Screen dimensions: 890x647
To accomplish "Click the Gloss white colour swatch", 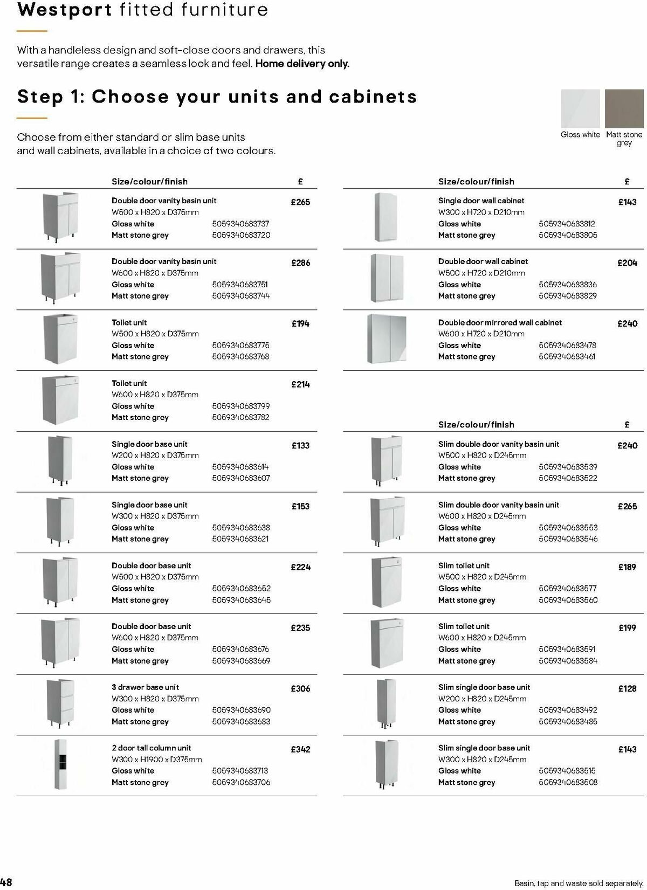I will click(580, 108).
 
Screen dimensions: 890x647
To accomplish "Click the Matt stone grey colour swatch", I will click(624, 108).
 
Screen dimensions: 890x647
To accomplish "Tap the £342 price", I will click(300, 749).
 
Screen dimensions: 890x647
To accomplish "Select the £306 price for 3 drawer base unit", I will click(300, 688).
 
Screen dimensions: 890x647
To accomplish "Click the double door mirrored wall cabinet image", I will click(386, 339).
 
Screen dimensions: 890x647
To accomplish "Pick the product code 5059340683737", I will click(240, 224).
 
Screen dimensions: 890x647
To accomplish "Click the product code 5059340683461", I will click(567, 356).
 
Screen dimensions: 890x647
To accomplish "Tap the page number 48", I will click(6, 882).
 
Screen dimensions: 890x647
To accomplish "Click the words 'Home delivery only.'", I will click(302, 64).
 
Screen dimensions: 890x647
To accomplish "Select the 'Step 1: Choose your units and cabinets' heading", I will click(217, 97).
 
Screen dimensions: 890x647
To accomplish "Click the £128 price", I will click(627, 688).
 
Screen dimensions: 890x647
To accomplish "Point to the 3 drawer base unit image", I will click(60, 703).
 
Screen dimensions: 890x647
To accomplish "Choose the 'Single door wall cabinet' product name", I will click(481, 201).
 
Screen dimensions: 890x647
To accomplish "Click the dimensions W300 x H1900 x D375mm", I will click(156, 760).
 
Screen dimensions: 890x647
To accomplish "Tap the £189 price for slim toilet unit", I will click(627, 567).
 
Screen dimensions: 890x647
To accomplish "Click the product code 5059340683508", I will click(568, 782).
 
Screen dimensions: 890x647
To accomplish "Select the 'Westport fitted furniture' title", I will click(142, 10).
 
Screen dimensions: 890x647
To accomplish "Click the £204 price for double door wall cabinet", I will click(627, 263).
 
